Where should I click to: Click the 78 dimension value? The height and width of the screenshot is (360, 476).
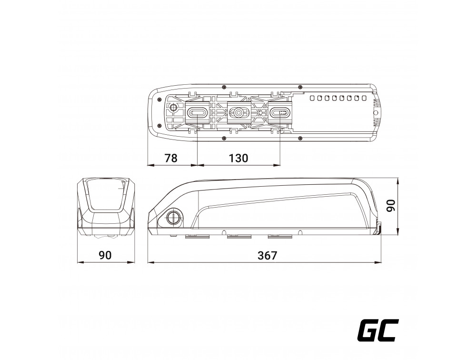pyautogui.click(x=170, y=158)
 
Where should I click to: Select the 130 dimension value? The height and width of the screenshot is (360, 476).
pyautogui.click(x=238, y=158)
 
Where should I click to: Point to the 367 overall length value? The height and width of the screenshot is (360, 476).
pyautogui.click(x=267, y=256)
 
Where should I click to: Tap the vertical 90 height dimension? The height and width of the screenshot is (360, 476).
pyautogui.click(x=391, y=205)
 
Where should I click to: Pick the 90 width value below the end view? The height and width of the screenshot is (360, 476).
pyautogui.click(x=105, y=255)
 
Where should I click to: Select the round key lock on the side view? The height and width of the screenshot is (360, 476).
pyautogui.click(x=173, y=216)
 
